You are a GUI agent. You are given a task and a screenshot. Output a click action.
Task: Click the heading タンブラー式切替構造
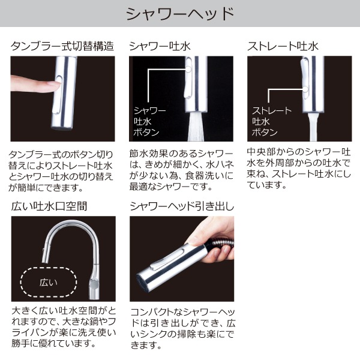point(62,46)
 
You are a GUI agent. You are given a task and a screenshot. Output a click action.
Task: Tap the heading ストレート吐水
point(283,46)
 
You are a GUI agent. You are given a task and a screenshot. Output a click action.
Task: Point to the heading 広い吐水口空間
point(49,206)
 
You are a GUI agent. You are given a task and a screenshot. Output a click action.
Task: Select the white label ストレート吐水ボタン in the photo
point(271,121)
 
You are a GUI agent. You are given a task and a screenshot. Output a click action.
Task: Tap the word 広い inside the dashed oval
point(47,281)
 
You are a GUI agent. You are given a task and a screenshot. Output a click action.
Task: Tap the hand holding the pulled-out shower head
point(213,231)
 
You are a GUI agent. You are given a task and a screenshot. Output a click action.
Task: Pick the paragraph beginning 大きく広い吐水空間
point(62,328)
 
